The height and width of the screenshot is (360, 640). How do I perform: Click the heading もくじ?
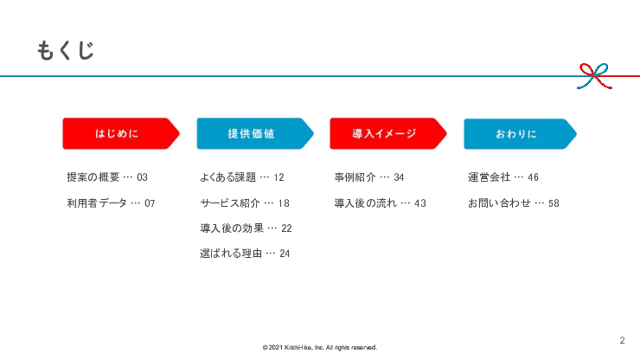point(65,50)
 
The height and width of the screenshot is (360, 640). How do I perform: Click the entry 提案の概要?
point(93,177)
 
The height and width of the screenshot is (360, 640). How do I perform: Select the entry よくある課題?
point(227,177)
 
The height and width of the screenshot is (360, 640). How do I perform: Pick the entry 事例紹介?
point(355,177)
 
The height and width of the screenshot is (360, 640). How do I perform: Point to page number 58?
point(554,203)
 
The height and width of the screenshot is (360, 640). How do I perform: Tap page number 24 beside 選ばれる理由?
point(285,254)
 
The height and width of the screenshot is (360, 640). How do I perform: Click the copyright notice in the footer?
point(320,348)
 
